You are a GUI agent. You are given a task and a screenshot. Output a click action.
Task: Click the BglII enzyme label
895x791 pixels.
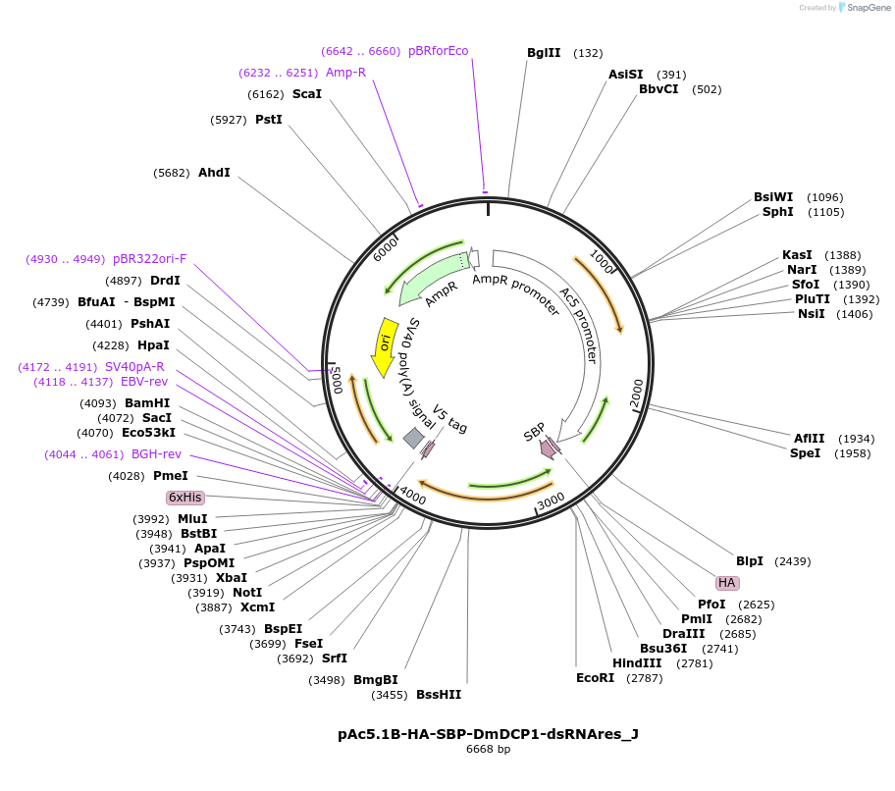click(x=544, y=53)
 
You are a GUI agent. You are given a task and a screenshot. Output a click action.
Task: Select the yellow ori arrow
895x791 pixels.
click(x=385, y=346)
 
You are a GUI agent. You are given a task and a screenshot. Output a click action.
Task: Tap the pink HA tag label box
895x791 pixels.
click(x=727, y=582)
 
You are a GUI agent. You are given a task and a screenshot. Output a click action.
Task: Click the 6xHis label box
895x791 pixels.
click(x=184, y=498)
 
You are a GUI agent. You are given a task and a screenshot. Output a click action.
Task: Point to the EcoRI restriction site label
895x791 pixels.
click(x=595, y=677)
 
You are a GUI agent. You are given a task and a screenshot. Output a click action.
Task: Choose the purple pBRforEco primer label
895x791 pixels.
click(x=439, y=51)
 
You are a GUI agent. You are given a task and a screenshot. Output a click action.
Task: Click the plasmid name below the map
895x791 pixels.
click(x=488, y=733)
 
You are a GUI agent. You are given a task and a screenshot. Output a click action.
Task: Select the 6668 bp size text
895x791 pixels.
click(x=488, y=750)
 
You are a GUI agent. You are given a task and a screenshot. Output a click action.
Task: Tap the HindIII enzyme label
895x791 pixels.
click(x=637, y=662)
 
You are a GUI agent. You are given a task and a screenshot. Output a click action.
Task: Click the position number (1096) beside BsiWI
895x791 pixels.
click(x=824, y=197)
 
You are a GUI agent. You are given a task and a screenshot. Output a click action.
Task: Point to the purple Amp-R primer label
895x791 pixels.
click(x=345, y=73)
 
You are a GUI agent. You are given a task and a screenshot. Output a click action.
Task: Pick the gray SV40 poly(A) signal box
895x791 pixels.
click(x=414, y=438)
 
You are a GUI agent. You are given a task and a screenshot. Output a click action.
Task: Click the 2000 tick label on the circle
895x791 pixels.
click(x=637, y=389)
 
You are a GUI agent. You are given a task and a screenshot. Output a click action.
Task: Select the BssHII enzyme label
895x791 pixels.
click(x=439, y=695)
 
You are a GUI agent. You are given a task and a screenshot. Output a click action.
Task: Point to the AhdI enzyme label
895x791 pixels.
click(x=214, y=173)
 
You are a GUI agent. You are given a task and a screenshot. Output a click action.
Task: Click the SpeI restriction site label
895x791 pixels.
click(x=806, y=453)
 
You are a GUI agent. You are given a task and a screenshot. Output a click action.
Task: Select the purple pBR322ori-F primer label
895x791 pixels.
click(x=149, y=259)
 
